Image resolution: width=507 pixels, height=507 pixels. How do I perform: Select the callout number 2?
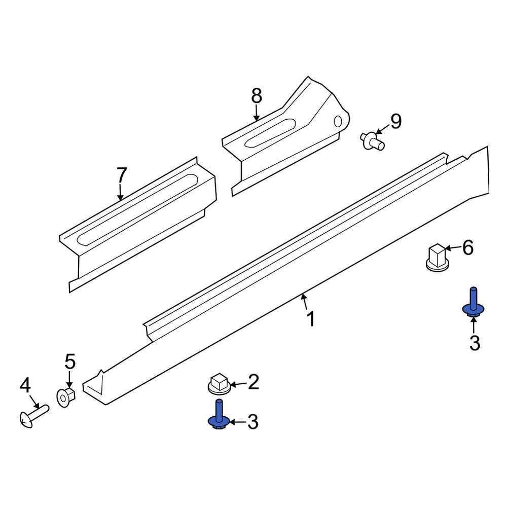252,381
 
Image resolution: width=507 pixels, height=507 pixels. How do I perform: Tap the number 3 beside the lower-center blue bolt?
252,421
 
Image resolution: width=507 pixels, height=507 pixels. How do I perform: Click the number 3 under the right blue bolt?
474,343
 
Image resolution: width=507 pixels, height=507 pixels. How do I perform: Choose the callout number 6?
467,248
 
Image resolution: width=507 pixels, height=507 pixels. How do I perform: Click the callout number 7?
122,175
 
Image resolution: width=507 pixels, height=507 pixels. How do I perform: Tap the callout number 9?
395,122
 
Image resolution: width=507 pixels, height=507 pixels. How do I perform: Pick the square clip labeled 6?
437,257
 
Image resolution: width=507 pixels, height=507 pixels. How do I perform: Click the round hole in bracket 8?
338,121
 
